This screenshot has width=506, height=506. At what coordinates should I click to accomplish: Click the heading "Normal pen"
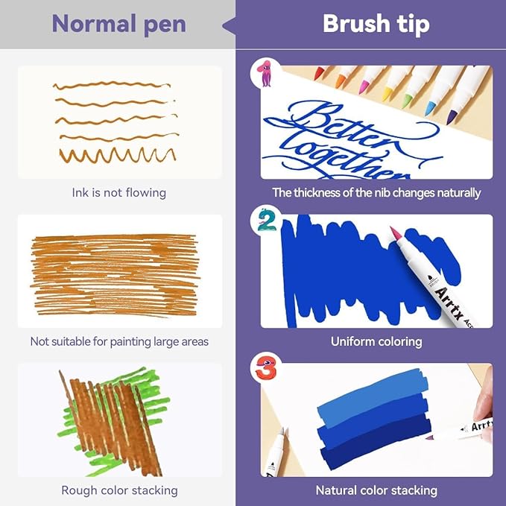tap(118, 24)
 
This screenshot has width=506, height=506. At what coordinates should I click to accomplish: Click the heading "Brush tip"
tap(376, 24)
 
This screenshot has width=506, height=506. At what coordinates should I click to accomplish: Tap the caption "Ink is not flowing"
tap(118, 193)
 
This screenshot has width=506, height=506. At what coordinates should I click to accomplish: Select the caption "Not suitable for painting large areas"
tap(119, 341)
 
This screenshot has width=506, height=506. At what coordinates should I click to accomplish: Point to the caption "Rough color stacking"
tap(119, 490)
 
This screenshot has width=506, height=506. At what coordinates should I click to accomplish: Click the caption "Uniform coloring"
tap(376, 341)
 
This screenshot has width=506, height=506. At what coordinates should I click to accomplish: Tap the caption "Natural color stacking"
tap(376, 490)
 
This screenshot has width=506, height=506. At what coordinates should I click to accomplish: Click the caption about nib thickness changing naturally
tap(376, 193)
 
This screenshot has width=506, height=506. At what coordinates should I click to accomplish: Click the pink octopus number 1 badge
tap(265, 73)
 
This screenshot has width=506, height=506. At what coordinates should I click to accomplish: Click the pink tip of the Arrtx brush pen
tap(394, 233)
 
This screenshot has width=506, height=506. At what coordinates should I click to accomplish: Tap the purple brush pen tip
tap(452, 117)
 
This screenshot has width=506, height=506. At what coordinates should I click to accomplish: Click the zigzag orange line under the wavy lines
tap(118, 156)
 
